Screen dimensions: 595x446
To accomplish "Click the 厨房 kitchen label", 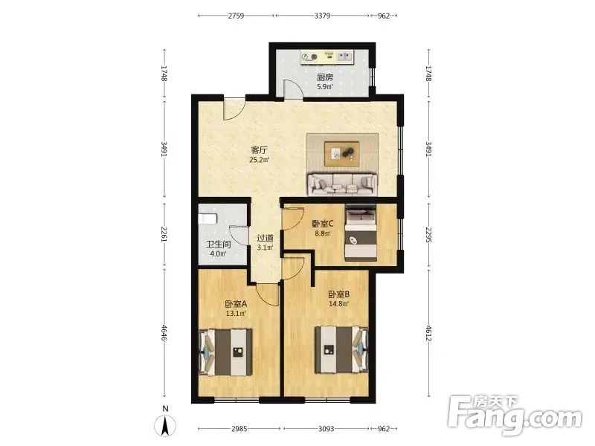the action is [x=325, y=77].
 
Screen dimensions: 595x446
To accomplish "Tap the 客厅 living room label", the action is [x=259, y=150].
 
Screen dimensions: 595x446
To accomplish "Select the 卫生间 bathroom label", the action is [x=218, y=245].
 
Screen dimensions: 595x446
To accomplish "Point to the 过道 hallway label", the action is [x=266, y=239].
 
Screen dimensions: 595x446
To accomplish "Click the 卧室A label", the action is [x=236, y=304].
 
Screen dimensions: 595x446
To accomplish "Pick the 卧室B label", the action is [x=338, y=294].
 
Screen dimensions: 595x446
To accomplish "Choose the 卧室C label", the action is [x=323, y=224].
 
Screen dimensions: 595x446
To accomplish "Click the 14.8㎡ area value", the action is [x=339, y=303].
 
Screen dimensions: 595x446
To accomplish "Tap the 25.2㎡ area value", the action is [x=259, y=160].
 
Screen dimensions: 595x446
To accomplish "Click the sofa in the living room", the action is [x=343, y=184].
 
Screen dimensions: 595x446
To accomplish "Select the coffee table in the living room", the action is [x=342, y=154].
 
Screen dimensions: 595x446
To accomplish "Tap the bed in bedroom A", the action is [x=226, y=352].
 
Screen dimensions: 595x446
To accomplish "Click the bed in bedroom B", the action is [x=341, y=349].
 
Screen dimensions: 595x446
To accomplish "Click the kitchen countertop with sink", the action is [x=328, y=57].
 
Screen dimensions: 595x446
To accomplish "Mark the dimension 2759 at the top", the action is [x=236, y=16].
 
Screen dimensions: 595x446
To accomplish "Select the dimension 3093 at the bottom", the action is [x=326, y=429].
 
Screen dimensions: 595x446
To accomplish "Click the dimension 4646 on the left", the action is [x=164, y=332].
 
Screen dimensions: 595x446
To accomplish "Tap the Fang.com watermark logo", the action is [x=514, y=416].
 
